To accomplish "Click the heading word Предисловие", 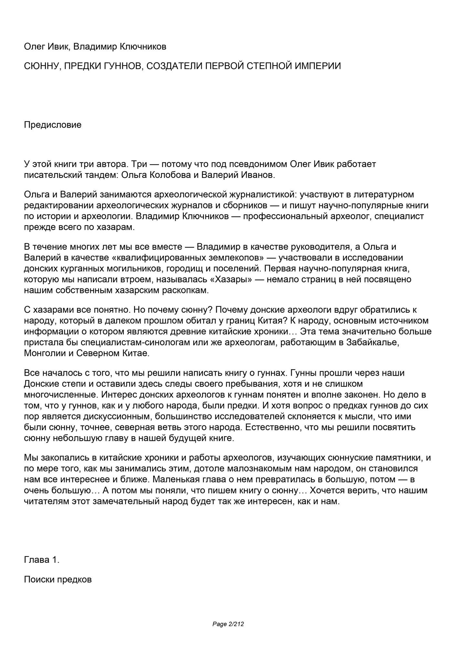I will pos(53,125).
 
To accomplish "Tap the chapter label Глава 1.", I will pos(42,560).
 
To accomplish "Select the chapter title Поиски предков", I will pos(58,579).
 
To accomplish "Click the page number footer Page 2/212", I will pos(228,624).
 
